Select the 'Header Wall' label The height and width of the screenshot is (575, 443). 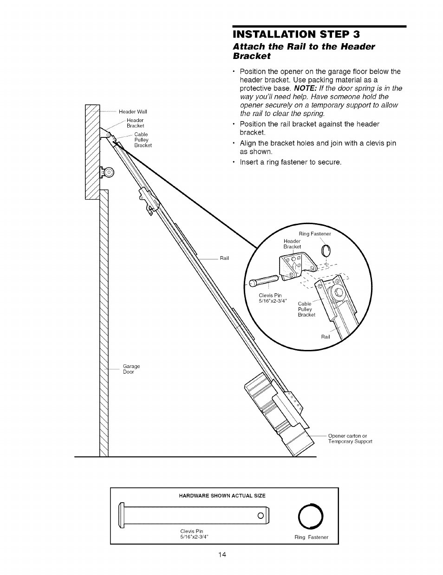pyautogui.click(x=133, y=111)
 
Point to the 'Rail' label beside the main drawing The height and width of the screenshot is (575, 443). pyautogui.click(x=224, y=258)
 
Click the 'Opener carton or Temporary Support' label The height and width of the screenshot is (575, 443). pyautogui.click(x=350, y=439)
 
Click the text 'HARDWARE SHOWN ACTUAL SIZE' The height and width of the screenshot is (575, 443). pyautogui.click(x=222, y=496)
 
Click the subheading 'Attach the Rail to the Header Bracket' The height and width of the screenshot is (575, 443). pyautogui.click(x=303, y=51)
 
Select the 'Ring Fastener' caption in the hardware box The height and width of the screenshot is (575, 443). pyautogui.click(x=311, y=537)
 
